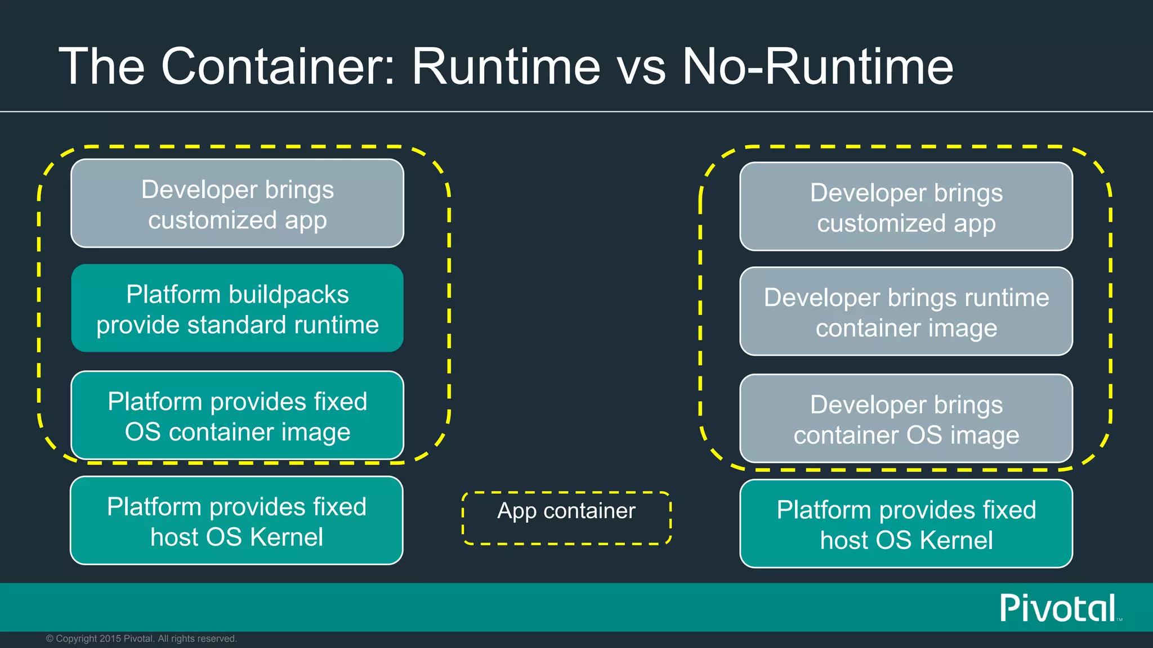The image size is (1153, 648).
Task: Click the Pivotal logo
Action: [1058, 608]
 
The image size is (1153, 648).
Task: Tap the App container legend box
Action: [566, 518]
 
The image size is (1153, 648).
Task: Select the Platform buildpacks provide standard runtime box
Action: [237, 309]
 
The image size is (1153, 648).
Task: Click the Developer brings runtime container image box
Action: [906, 312]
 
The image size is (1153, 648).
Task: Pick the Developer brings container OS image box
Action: [906, 419]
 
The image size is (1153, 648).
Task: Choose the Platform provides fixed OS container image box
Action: [237, 416]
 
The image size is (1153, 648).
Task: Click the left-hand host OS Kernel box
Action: [236, 521]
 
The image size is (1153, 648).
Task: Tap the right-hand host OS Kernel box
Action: [906, 524]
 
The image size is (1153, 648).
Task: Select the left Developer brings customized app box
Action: [237, 204]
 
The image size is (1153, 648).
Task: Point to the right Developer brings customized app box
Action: [906, 206]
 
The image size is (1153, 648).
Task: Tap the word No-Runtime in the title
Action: [817, 66]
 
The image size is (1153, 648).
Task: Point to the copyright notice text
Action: [141, 638]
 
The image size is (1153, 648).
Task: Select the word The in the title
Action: [102, 66]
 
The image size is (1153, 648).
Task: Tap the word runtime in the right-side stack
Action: [1007, 298]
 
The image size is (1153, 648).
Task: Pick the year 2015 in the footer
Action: [110, 638]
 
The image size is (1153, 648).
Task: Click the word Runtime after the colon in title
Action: [506, 66]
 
